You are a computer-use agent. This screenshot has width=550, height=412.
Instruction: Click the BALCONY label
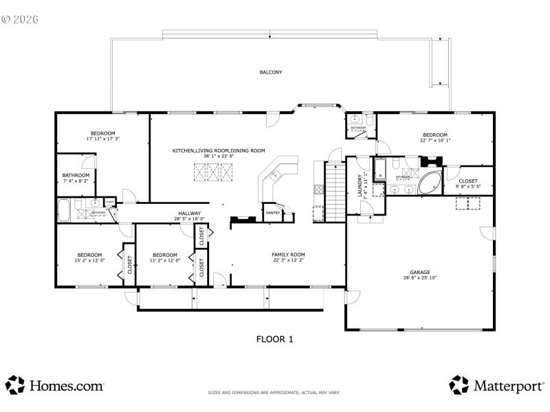coord(271,72)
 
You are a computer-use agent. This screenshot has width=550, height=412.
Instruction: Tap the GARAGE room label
coord(419,272)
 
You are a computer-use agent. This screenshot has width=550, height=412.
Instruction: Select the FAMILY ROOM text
coord(288,254)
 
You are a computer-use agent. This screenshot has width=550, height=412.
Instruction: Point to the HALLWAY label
coord(189,214)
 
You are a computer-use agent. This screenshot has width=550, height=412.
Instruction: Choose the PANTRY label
coord(273,213)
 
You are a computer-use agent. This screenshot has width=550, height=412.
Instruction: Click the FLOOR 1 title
coord(275,339)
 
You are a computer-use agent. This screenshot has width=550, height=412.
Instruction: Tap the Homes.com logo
coord(55,386)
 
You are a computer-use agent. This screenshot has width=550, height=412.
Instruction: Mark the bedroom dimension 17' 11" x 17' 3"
coord(102,139)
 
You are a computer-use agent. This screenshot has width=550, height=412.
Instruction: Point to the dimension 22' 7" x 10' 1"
coord(434,141)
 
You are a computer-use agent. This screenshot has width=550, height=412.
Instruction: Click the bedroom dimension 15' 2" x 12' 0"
coord(89,260)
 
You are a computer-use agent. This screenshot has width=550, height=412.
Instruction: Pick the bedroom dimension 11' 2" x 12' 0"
coord(166,260)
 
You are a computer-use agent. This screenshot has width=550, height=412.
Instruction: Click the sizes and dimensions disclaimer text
coord(274,393)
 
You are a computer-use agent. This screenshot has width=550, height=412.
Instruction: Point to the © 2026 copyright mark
coord(20,19)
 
